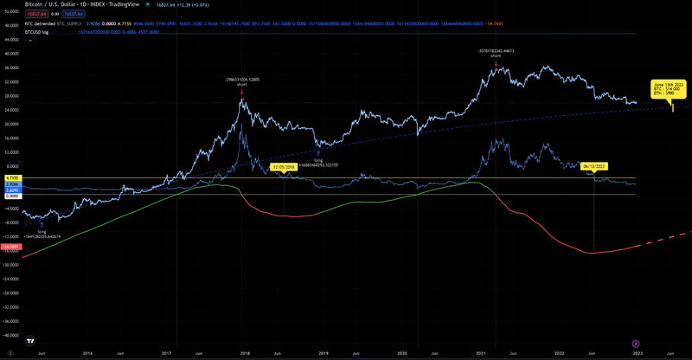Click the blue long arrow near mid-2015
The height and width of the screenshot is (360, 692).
(x=42, y=224)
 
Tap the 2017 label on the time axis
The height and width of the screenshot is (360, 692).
(x=165, y=354)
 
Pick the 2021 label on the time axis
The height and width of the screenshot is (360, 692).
(x=480, y=354)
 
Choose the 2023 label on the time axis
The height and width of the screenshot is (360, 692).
(x=638, y=354)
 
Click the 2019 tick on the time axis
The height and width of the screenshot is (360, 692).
(x=323, y=354)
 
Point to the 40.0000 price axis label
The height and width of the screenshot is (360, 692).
(x=11, y=54)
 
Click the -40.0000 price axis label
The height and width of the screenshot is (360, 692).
(x=11, y=334)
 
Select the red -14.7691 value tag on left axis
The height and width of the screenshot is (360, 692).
(x=12, y=247)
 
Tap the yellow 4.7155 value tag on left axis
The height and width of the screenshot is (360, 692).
(x=12, y=177)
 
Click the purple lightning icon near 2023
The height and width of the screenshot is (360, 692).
(x=636, y=342)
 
